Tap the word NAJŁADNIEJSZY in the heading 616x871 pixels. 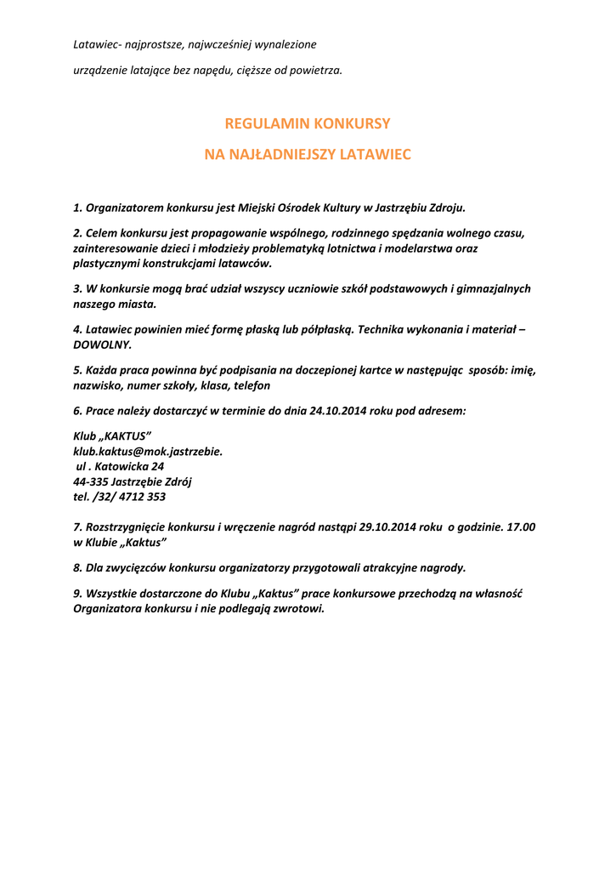289,156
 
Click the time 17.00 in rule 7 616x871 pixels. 521,527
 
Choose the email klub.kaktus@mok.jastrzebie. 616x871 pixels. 148,452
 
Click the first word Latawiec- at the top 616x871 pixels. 98,44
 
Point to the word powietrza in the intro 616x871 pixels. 315,70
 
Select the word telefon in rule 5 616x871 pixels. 251,386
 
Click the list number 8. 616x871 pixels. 77,568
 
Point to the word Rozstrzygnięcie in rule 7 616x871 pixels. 126,527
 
